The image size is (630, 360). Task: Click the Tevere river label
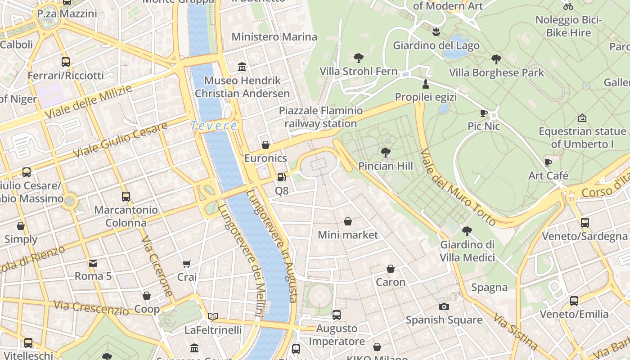pyautogui.click(x=214, y=126)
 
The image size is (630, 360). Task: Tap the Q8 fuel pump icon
pyautogui.click(x=281, y=178)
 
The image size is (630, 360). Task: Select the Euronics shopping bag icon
pyautogui.click(x=265, y=145)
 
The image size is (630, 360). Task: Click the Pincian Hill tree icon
pyautogui.click(x=385, y=153)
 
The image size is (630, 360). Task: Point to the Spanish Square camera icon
pyautogui.click(x=444, y=306)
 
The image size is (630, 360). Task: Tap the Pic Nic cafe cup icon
pyautogui.click(x=484, y=113)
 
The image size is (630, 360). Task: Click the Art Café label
pyautogui.click(x=548, y=175)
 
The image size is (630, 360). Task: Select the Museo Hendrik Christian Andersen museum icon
pyautogui.click(x=243, y=67)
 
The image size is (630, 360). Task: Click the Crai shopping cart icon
pyautogui.click(x=187, y=264)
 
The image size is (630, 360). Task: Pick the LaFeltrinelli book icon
pyautogui.click(x=213, y=316)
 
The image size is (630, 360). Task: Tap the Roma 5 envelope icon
pyautogui.click(x=93, y=263)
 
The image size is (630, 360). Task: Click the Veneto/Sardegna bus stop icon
pyautogui.click(x=585, y=222)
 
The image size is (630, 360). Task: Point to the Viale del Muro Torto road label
pyautogui.click(x=458, y=187)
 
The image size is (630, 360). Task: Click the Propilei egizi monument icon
pyautogui.click(x=425, y=84)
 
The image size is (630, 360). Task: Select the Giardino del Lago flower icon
pyautogui.click(x=436, y=32)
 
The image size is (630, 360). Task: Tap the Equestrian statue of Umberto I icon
pyautogui.click(x=582, y=118)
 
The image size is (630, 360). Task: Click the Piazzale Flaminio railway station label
pyautogui.click(x=320, y=117)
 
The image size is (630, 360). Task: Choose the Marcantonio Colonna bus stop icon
pyautogui.click(x=126, y=197)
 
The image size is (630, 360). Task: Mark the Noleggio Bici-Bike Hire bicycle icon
pyautogui.click(x=568, y=6)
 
